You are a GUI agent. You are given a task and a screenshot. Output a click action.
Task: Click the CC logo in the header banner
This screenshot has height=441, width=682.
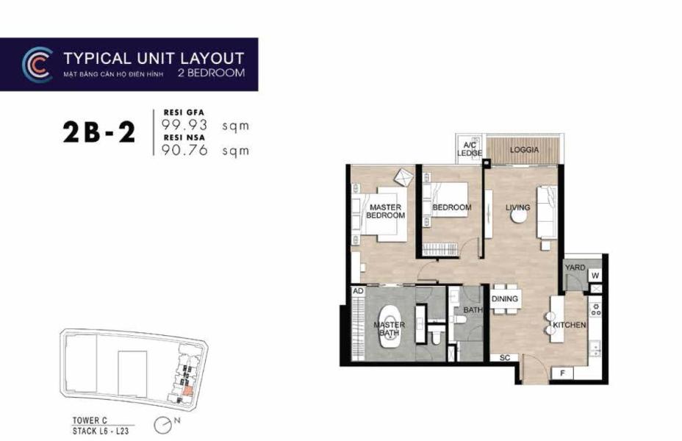(x=37, y=64)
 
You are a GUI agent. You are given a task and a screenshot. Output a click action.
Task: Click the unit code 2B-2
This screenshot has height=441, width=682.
(x=98, y=133)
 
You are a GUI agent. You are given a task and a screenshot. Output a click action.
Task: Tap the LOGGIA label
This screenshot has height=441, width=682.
(x=525, y=150)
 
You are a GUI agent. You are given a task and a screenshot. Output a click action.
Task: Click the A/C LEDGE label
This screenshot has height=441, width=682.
(x=469, y=150)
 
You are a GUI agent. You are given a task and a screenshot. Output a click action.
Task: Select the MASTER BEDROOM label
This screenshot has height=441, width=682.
(x=385, y=212)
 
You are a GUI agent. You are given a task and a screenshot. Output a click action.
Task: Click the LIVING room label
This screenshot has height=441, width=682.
(x=517, y=208)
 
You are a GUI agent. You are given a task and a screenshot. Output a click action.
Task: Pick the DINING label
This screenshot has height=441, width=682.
(x=505, y=299)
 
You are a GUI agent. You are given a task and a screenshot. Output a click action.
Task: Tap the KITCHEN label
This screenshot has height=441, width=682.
(x=570, y=324)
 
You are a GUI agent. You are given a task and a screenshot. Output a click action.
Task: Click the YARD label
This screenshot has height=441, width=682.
(x=575, y=268)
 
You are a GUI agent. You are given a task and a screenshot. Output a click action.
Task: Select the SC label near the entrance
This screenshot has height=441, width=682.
(x=504, y=358)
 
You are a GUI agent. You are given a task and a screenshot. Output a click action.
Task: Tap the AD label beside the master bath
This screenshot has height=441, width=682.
(x=359, y=291)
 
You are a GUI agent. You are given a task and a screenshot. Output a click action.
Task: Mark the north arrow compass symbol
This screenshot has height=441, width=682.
(x=165, y=424)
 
